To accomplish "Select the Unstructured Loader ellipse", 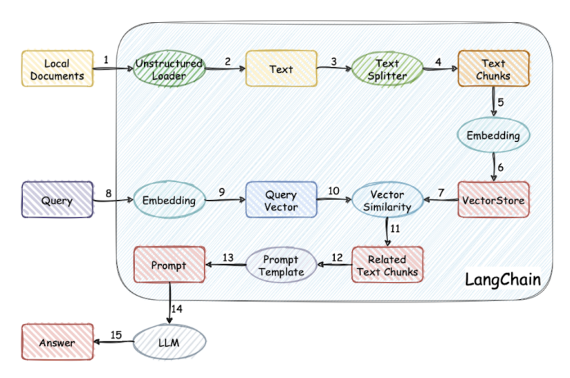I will [169, 69].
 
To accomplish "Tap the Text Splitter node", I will [387, 69].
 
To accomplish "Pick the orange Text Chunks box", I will [493, 69].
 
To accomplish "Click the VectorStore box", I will [493, 200].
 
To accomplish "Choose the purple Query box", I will [57, 200].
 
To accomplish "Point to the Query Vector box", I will [281, 200].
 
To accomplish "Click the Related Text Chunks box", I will [387, 265].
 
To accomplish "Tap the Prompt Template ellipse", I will [281, 265].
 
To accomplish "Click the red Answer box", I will [57, 342].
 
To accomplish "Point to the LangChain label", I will [502, 280].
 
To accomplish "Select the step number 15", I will [116, 334].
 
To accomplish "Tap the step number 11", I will [395, 228].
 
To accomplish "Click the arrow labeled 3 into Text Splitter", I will [334, 69].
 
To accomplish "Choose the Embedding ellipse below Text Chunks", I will [493, 136].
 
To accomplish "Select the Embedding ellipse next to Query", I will [169, 200].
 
